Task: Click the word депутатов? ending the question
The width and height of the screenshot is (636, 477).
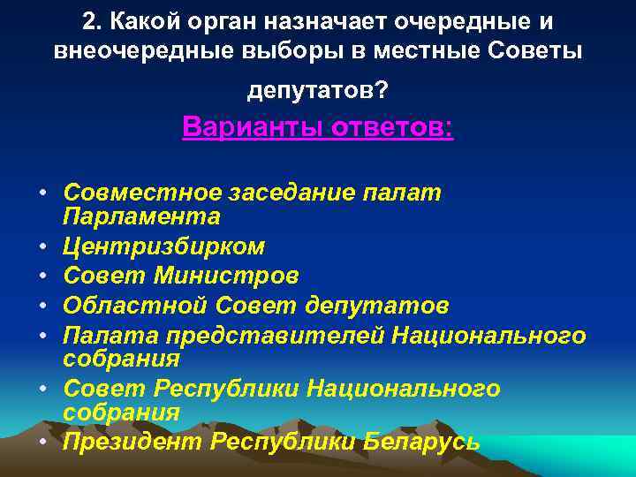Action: pyautogui.click(x=317, y=91)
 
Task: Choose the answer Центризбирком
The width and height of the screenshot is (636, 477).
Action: pyautogui.click(x=164, y=246)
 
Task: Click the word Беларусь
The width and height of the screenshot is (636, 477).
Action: pyautogui.click(x=422, y=442)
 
